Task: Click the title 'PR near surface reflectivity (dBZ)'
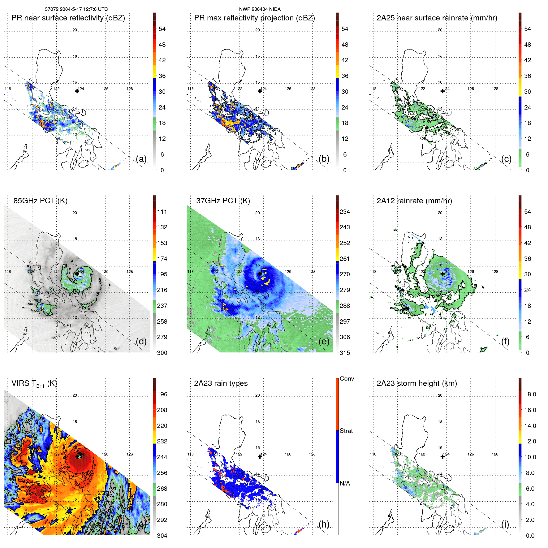[x=68, y=18]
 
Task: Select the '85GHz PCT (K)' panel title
[x=40, y=201]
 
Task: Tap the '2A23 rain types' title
[x=221, y=383]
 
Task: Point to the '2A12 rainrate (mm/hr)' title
[x=414, y=201]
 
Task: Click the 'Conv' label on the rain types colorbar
[x=347, y=378]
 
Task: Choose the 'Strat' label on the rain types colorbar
[x=346, y=431]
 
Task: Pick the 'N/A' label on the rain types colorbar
[x=345, y=483]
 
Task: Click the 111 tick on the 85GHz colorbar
[x=162, y=212]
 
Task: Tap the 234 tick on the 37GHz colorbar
[x=345, y=212]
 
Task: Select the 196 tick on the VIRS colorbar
[x=162, y=395]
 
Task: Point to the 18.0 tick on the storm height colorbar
[x=530, y=395]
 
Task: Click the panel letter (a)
[x=141, y=159]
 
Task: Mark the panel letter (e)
[x=324, y=342]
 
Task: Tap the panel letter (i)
[x=505, y=524]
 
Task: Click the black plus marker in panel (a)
[x=77, y=91]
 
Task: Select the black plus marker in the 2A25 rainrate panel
[x=442, y=91]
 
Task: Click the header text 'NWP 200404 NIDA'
[x=260, y=9]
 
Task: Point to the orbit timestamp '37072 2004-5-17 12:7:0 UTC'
[x=76, y=9]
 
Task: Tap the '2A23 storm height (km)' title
[x=416, y=383]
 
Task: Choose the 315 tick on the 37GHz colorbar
[x=345, y=353]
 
